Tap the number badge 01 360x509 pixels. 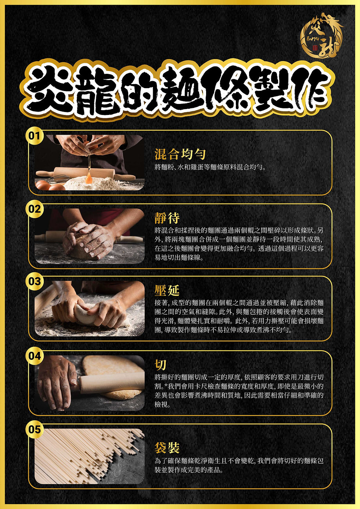point(35,136)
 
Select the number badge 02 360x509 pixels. point(35,209)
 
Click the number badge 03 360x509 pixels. point(35,282)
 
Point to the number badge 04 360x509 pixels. point(35,356)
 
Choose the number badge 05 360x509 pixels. point(35,429)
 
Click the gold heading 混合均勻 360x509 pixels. point(180,154)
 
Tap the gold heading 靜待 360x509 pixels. point(167,218)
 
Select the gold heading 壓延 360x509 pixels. point(167,290)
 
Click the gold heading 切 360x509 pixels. point(161,365)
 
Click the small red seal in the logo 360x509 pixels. point(315,48)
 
